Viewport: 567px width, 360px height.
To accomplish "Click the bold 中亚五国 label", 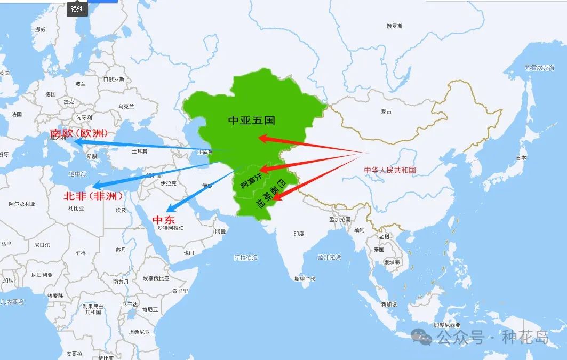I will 251,121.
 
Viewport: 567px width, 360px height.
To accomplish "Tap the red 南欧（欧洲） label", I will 79,133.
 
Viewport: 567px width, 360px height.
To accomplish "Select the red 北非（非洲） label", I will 93,196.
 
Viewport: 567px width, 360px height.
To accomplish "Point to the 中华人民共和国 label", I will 390,170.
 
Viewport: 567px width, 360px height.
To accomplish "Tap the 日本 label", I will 521,158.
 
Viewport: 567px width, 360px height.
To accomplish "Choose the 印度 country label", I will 299,234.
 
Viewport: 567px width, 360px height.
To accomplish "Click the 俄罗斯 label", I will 394,26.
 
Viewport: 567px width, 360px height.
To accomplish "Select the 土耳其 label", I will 139,151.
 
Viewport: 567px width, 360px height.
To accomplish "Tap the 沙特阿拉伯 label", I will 170,228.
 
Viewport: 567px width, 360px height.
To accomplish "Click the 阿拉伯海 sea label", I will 246,258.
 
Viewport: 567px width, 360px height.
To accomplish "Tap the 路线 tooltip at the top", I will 77,9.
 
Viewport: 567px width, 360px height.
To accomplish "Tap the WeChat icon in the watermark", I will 424,336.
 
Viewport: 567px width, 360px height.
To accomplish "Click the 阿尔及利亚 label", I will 22,204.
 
